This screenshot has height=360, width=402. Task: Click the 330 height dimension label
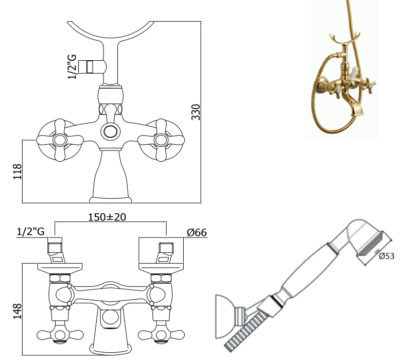tap(196, 112)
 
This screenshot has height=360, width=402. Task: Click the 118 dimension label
tap(18, 172)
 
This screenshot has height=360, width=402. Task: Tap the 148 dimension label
tap(18, 311)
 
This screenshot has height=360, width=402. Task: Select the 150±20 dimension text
tap(107, 217)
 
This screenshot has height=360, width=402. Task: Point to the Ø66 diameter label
tap(197, 232)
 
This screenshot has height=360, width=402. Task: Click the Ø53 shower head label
tap(387, 256)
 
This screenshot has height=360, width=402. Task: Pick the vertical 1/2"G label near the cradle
tap(73, 67)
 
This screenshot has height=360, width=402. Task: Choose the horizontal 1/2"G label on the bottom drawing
tap(30, 231)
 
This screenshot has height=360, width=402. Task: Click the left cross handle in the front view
tap(60, 140)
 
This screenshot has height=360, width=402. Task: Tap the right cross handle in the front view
tap(161, 140)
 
